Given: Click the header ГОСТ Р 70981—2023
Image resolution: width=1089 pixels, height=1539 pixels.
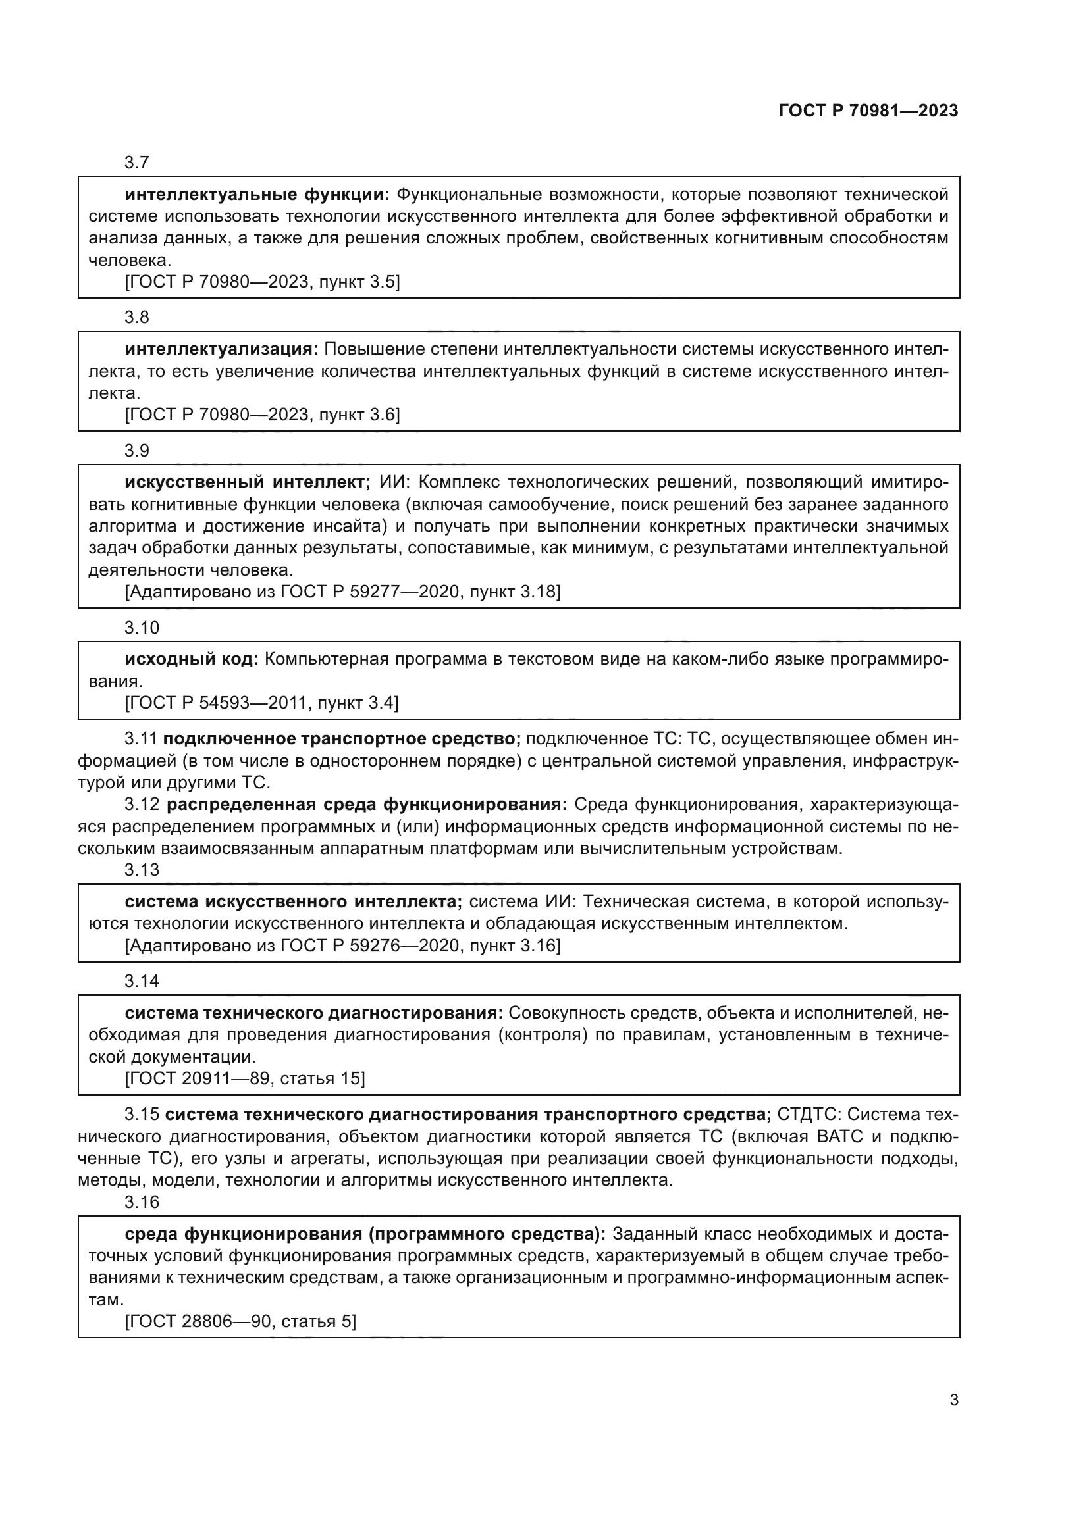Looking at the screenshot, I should pyautogui.click(x=868, y=111).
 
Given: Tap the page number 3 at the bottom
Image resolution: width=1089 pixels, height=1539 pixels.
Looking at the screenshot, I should pyautogui.click(x=953, y=1400).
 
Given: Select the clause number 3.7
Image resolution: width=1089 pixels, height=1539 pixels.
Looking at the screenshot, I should pyautogui.click(x=137, y=163).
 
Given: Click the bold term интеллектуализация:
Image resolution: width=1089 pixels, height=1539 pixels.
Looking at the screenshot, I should pyautogui.click(x=221, y=349).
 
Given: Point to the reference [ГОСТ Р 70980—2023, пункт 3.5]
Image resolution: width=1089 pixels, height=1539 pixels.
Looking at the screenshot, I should pyautogui.click(x=262, y=282).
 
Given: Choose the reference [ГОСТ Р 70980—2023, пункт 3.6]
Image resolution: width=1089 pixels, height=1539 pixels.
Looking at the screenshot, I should pyautogui.click(x=262, y=415).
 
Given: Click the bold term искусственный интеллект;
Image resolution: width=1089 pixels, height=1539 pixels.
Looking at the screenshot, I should pyautogui.click(x=248, y=482).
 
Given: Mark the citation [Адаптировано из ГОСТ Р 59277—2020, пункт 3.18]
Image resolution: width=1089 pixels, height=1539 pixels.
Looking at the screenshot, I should pyautogui.click(x=342, y=592).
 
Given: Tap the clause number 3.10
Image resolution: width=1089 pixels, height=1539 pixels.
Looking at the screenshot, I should pyautogui.click(x=142, y=628).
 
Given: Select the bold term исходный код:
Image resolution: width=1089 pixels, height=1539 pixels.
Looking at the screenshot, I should pyautogui.click(x=191, y=659).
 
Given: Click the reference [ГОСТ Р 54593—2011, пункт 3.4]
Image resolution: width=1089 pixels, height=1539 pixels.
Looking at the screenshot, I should pyautogui.click(x=261, y=703).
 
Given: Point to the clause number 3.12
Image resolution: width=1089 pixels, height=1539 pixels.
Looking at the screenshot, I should pyautogui.click(x=142, y=804).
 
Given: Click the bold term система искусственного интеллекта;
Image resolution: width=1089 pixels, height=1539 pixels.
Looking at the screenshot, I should pyautogui.click(x=293, y=902).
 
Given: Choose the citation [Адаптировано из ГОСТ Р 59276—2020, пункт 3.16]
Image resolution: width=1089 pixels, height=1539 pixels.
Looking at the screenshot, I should pyautogui.click(x=342, y=946).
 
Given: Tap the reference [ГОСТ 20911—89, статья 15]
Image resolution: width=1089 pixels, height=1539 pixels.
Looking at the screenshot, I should pyautogui.click(x=245, y=1078).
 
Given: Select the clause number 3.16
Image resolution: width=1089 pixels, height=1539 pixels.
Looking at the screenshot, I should pyautogui.click(x=142, y=1202).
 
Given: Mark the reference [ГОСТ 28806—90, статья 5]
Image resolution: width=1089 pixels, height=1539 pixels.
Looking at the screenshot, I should pyautogui.click(x=240, y=1321).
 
